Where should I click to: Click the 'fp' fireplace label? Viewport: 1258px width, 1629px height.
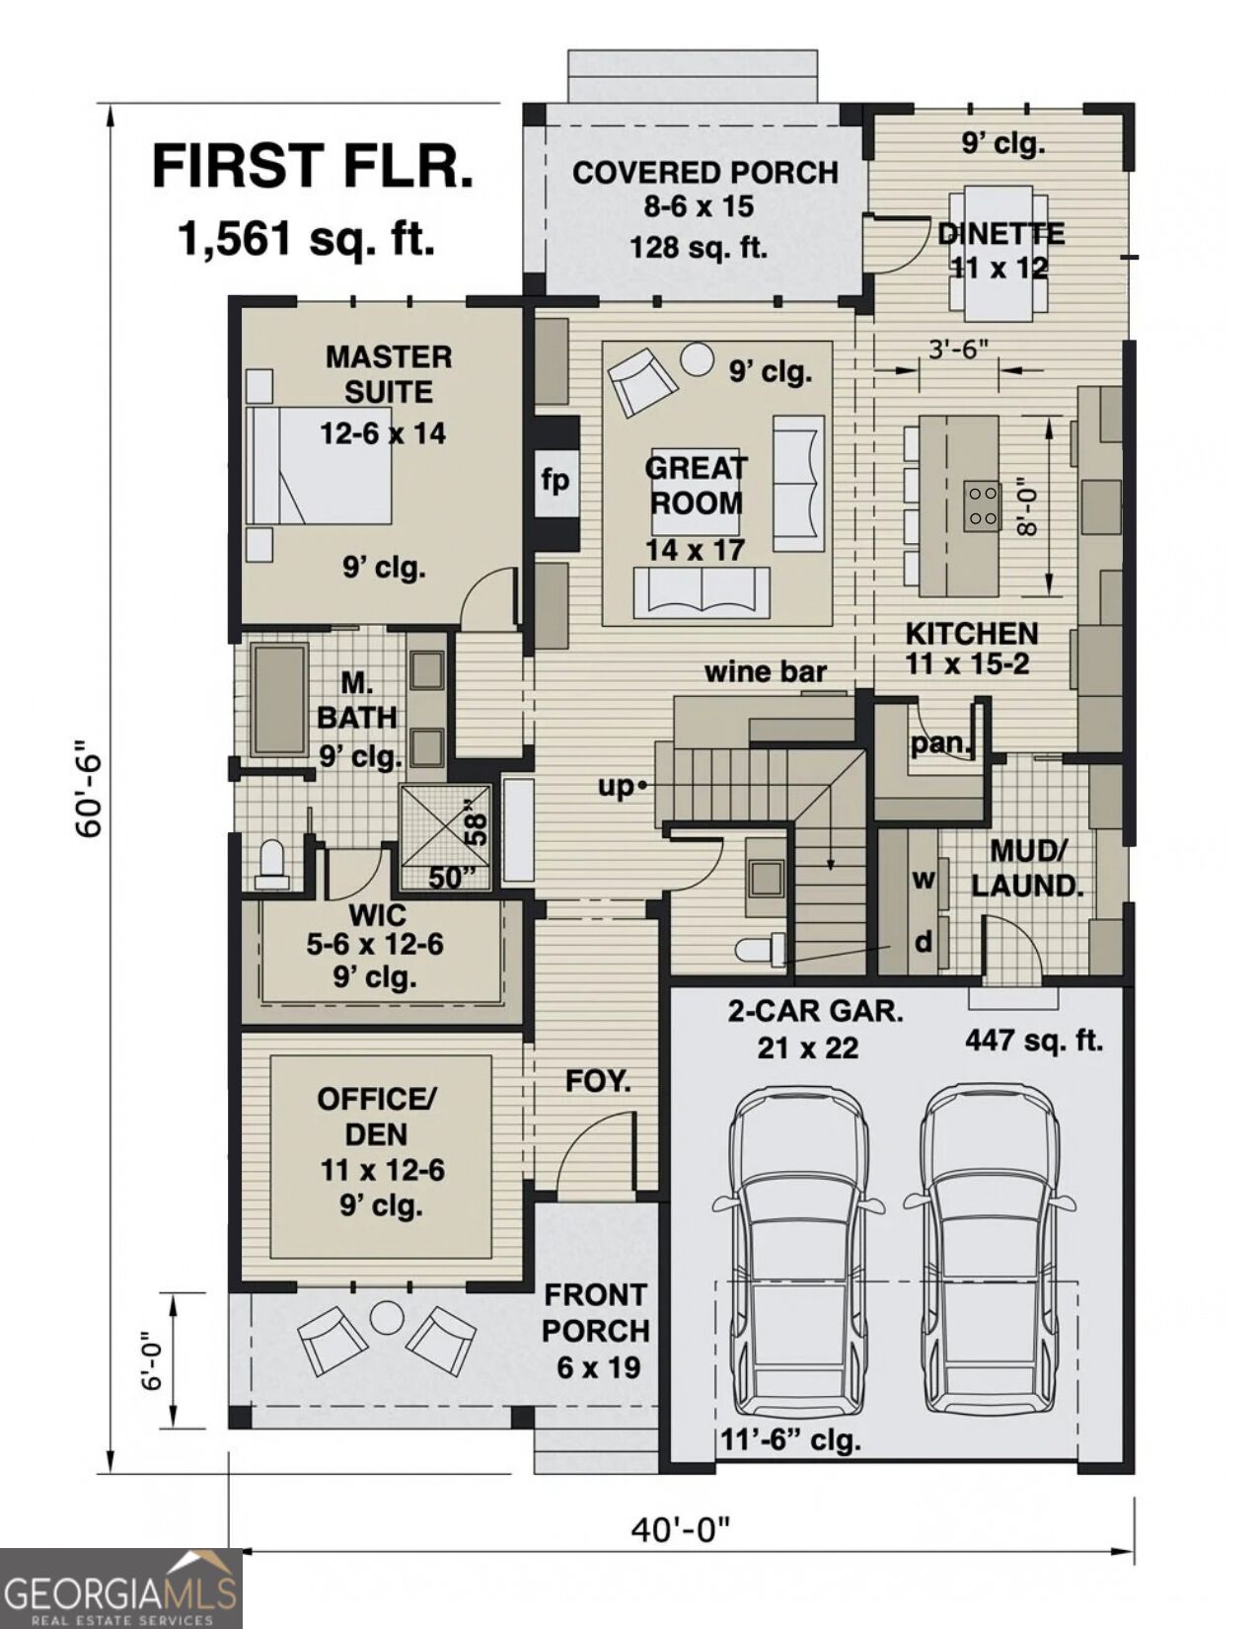pyautogui.click(x=555, y=481)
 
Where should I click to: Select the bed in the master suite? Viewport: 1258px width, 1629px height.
pyautogui.click(x=320, y=465)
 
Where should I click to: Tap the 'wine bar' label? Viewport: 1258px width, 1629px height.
pyautogui.click(x=765, y=671)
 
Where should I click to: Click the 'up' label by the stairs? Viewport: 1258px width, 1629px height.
pyautogui.click(x=615, y=788)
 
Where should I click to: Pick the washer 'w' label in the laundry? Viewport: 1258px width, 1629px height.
pyautogui.click(x=924, y=880)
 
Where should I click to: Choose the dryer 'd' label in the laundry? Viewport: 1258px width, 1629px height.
pyautogui.click(x=924, y=942)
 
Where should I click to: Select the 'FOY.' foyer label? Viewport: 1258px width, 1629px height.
pyautogui.click(x=597, y=1080)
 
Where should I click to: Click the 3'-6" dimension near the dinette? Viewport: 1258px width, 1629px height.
pyautogui.click(x=959, y=349)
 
